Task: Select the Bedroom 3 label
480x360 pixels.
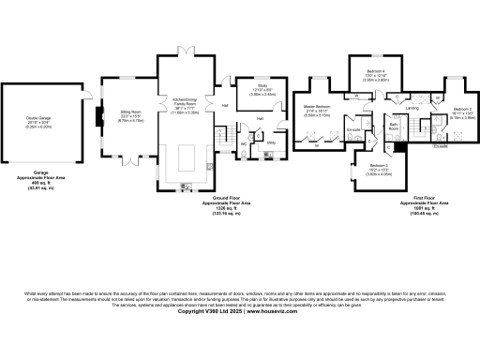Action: tap(363, 169)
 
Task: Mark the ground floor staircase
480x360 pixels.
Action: tap(222, 140)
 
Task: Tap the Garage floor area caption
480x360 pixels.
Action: tap(40, 181)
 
